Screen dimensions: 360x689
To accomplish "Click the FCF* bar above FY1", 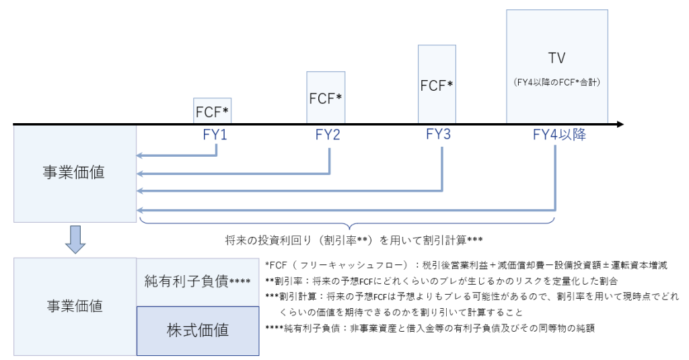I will tap(213, 110).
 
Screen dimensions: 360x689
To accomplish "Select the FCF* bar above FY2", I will tap(326, 98).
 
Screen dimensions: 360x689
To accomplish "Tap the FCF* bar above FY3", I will tap(437, 85).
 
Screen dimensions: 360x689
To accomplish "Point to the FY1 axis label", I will tap(215, 135).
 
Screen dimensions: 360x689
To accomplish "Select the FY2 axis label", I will tap(328, 135).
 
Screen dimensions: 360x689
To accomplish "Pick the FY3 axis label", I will tap(438, 135).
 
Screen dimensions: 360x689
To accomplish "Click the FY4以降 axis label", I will tap(558, 135).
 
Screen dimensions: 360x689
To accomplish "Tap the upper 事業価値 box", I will tap(74, 173).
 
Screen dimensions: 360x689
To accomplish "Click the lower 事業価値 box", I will tap(74, 306).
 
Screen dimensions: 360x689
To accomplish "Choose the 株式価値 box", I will tap(197, 330).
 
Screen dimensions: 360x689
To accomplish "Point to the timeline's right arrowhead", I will tap(620, 124).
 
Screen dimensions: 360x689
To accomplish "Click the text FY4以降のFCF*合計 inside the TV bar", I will tap(556, 83).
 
